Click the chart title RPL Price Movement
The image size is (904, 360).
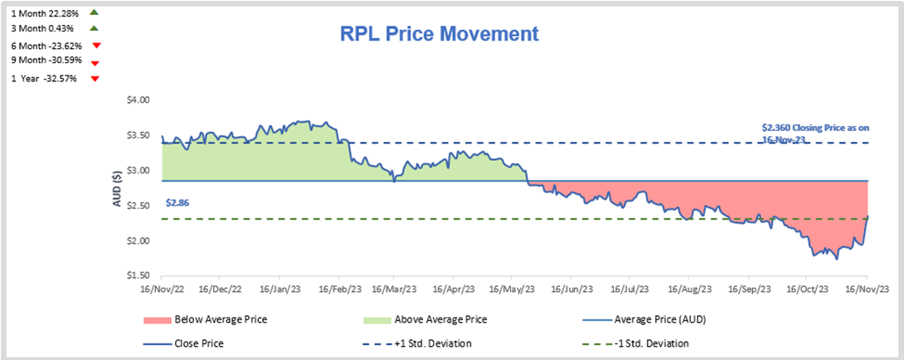click(440, 34)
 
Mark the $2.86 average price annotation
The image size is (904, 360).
click(177, 202)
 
